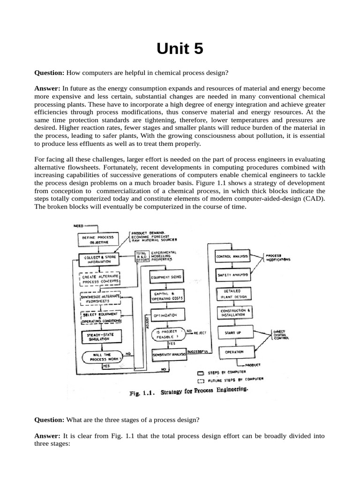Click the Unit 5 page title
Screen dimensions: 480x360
(x=180, y=48)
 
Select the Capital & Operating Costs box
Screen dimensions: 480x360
(x=167, y=296)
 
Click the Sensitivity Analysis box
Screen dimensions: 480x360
(x=168, y=356)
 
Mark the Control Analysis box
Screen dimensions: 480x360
(x=232, y=257)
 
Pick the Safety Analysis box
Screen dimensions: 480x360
(x=232, y=275)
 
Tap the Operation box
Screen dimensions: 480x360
(x=234, y=352)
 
